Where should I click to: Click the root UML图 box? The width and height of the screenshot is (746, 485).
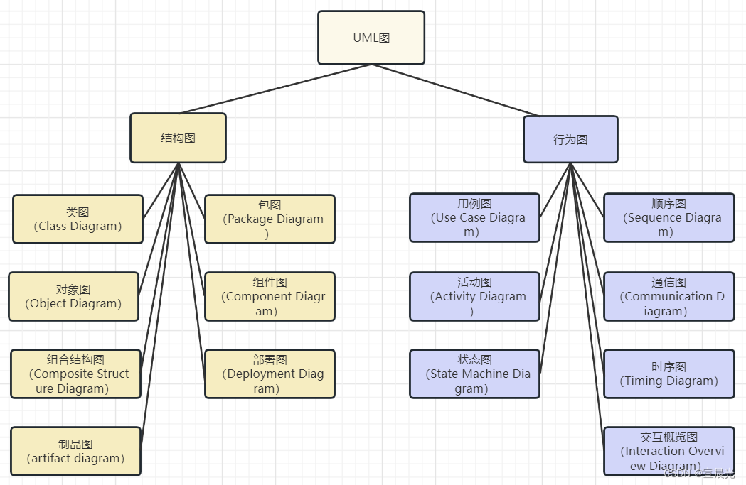(x=371, y=38)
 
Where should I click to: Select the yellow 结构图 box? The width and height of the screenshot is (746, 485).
(x=178, y=138)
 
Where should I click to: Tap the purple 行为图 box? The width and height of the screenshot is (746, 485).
(x=570, y=139)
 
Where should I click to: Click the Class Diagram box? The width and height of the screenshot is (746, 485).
(x=78, y=219)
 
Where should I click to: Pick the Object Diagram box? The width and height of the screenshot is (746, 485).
(x=73, y=296)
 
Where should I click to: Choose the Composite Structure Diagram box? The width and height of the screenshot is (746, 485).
(x=75, y=374)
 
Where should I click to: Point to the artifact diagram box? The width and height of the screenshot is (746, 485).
(x=75, y=451)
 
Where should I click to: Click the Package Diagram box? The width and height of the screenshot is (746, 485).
(x=270, y=219)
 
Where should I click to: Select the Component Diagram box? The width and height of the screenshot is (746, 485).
(x=270, y=296)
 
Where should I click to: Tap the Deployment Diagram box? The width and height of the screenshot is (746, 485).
(x=270, y=374)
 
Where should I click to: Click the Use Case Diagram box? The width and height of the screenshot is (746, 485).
(x=474, y=217)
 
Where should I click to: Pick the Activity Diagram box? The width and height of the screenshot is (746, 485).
(x=474, y=296)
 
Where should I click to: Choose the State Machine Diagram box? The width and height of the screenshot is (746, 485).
(x=474, y=374)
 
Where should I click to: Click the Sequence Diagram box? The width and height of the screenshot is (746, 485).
(x=668, y=217)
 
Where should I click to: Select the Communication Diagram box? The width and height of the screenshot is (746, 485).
(x=668, y=296)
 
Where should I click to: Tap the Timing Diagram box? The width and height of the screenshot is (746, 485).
(x=668, y=374)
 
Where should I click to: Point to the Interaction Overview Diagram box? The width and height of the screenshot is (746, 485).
(x=668, y=451)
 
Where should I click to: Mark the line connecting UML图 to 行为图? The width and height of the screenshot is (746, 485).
(x=455, y=89)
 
